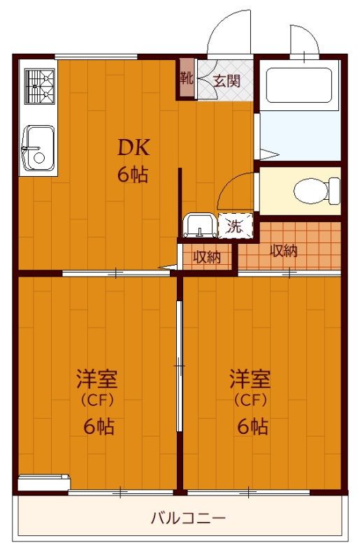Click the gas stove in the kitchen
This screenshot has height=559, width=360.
[x=40, y=85]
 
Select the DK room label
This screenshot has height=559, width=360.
[x=133, y=147]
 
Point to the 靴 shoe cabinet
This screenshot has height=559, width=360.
[x=187, y=78]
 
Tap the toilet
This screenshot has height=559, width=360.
[x=315, y=190]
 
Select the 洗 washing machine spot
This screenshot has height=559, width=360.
[x=234, y=226]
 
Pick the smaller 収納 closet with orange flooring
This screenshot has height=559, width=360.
[x=207, y=256]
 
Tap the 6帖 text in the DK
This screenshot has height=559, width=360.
[x=133, y=175]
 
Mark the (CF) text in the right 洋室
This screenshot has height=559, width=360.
[x=250, y=401]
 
